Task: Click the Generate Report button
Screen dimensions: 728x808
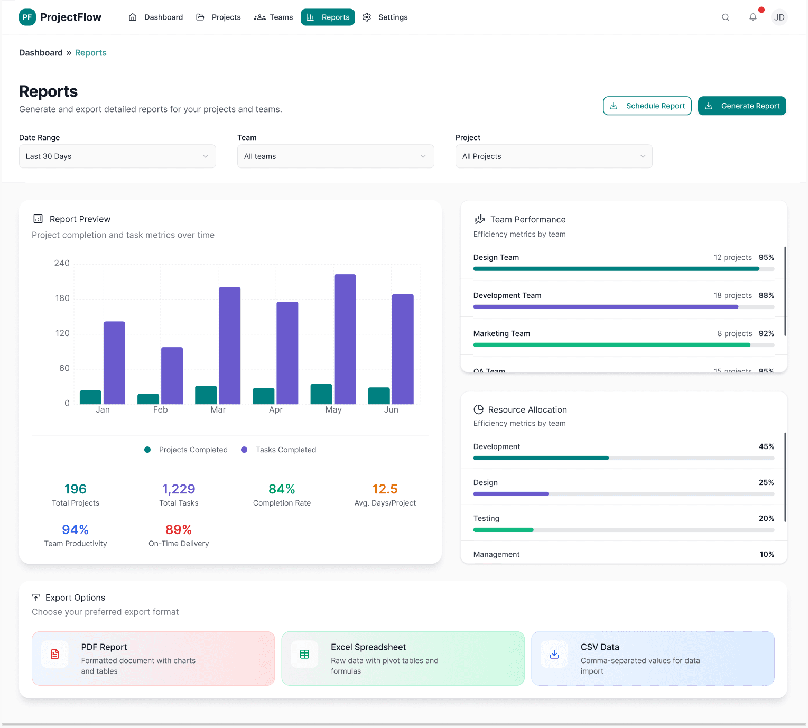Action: pyautogui.click(x=742, y=106)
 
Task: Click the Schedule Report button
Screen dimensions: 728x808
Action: pyautogui.click(x=647, y=106)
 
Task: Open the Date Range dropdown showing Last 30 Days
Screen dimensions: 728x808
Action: pyautogui.click(x=117, y=156)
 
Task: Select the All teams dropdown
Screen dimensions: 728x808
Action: pyautogui.click(x=336, y=156)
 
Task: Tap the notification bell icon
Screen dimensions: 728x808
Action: pyautogui.click(x=753, y=17)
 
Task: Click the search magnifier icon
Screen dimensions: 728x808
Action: pyautogui.click(x=726, y=17)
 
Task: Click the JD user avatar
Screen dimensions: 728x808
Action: pyautogui.click(x=779, y=17)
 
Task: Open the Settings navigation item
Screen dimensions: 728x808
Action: pyautogui.click(x=385, y=17)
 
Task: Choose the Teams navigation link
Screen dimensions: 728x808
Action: pyautogui.click(x=273, y=17)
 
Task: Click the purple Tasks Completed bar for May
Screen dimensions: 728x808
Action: pyautogui.click(x=345, y=339)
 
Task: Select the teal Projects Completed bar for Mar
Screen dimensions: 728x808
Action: pyautogui.click(x=206, y=395)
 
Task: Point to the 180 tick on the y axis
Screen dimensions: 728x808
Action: pyautogui.click(x=62, y=298)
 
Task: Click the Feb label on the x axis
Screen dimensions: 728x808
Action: pyautogui.click(x=160, y=410)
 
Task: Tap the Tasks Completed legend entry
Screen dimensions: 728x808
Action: pyautogui.click(x=285, y=450)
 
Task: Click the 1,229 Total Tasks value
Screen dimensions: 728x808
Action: pyautogui.click(x=179, y=489)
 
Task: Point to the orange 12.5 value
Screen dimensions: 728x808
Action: pyautogui.click(x=385, y=489)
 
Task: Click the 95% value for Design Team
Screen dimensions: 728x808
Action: pyautogui.click(x=766, y=258)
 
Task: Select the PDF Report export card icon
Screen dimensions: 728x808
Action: pyautogui.click(x=55, y=655)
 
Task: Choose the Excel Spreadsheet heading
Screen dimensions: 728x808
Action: pyautogui.click(x=368, y=647)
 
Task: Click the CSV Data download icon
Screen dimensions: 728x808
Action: pyautogui.click(x=554, y=655)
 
